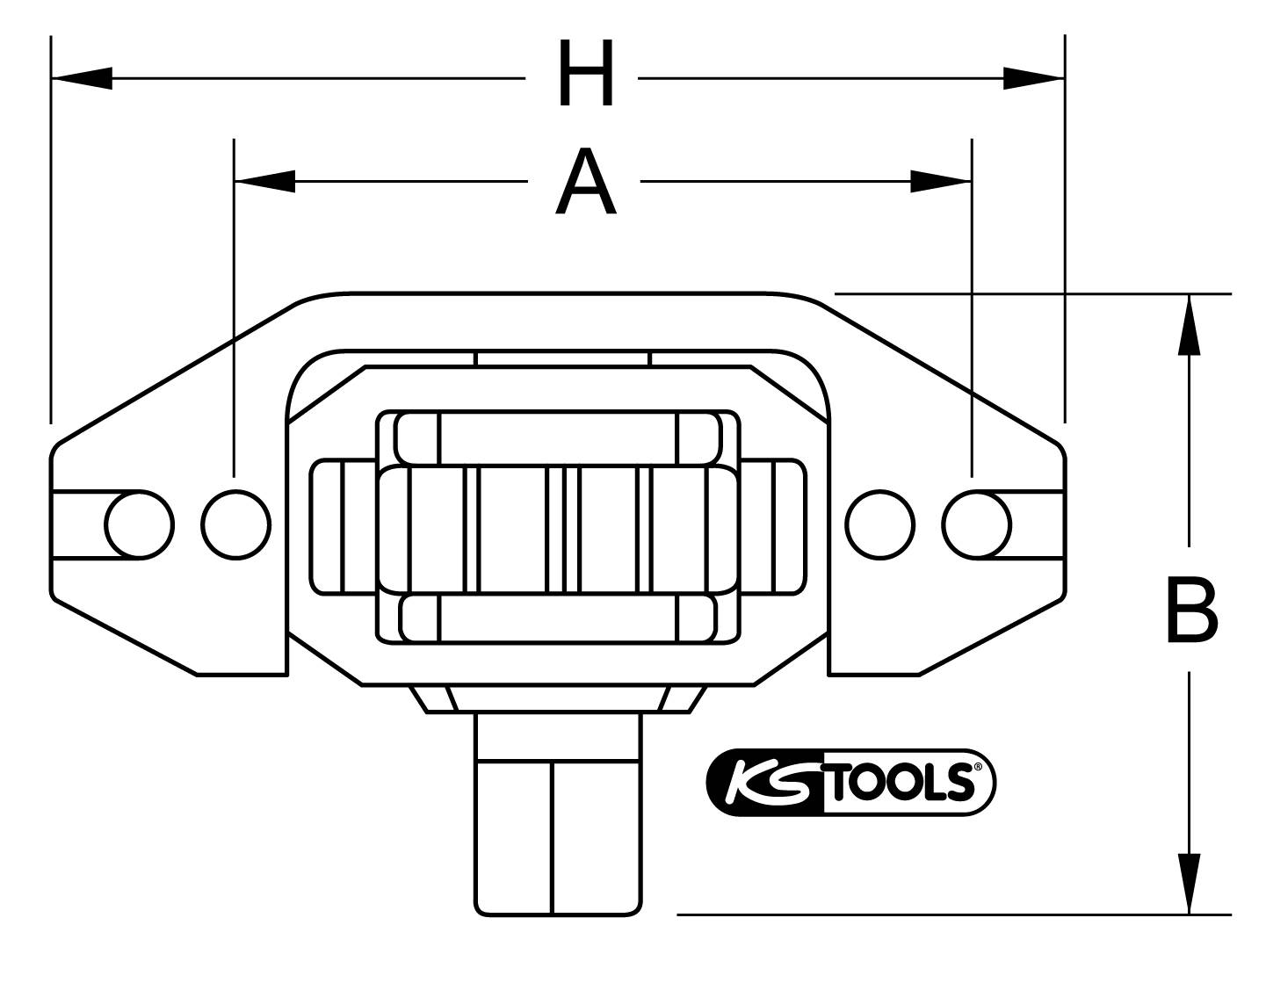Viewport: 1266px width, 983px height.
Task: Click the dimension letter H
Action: click(x=586, y=77)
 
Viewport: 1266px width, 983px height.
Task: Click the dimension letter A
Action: click(x=585, y=183)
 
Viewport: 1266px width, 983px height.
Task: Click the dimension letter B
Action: click(x=1191, y=609)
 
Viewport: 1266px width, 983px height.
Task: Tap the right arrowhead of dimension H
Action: click(x=1033, y=78)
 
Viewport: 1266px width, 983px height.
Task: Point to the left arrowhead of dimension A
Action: click(x=264, y=182)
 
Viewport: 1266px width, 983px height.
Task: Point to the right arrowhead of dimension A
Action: click(x=941, y=182)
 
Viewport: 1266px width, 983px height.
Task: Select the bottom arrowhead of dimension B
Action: click(x=1189, y=883)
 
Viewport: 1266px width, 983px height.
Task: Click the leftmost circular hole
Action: click(x=139, y=525)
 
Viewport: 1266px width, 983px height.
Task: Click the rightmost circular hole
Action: click(x=976, y=525)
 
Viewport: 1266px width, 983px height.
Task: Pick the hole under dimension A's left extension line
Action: click(x=235, y=525)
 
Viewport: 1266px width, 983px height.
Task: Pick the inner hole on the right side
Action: click(x=880, y=525)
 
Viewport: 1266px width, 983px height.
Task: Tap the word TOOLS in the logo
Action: click(x=901, y=782)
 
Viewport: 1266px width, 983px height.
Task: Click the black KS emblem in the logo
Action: click(x=763, y=782)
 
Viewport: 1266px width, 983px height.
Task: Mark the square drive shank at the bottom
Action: click(x=557, y=813)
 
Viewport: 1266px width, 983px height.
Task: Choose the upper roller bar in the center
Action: click(x=558, y=437)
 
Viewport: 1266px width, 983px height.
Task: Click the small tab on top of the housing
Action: click(x=562, y=358)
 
